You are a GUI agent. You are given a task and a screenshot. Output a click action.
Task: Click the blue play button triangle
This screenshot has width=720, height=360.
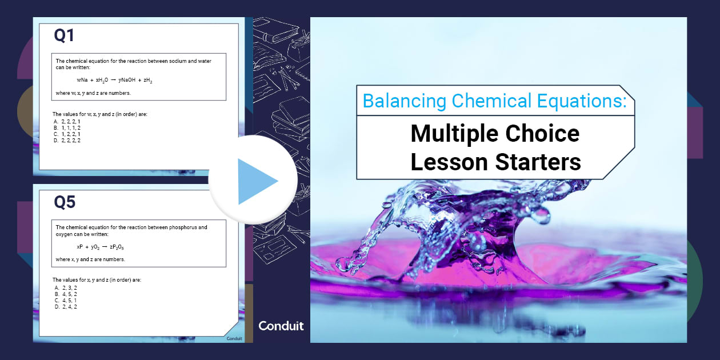click(257, 181)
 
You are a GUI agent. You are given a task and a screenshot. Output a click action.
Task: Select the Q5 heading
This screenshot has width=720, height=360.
click(64, 202)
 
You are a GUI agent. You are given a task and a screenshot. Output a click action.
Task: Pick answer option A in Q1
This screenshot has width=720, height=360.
click(67, 122)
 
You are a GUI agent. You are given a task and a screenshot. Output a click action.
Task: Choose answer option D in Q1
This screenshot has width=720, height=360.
click(67, 140)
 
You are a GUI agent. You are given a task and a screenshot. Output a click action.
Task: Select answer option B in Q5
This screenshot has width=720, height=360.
click(66, 294)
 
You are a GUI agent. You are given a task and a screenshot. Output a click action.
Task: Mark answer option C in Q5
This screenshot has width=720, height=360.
click(66, 300)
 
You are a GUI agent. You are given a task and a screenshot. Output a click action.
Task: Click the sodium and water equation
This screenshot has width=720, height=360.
click(114, 81)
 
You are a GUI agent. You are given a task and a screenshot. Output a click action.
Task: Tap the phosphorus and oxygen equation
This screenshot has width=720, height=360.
click(100, 247)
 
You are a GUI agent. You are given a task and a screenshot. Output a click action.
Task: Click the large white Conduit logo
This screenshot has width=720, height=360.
click(281, 326)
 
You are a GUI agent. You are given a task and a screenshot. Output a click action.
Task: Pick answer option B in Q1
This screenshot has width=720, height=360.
click(67, 128)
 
